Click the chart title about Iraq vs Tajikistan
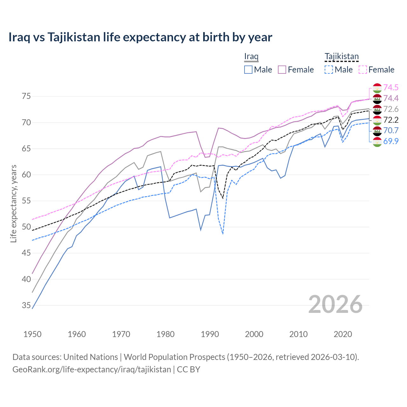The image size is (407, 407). click(x=140, y=37)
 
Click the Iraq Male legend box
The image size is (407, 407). click(x=248, y=70)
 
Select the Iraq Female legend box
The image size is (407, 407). click(x=282, y=70)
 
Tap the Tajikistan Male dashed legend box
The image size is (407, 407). click(x=329, y=70)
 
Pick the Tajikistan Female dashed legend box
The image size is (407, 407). click(x=362, y=70)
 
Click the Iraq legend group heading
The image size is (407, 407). click(x=251, y=57)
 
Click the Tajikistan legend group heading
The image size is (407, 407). click(x=341, y=57)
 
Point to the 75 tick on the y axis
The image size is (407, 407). click(x=26, y=96)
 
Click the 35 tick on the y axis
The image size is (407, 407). click(x=26, y=306)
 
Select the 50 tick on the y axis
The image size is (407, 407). click(x=26, y=227)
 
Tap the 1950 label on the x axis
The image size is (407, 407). click(x=32, y=334)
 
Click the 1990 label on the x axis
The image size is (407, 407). click(x=210, y=334)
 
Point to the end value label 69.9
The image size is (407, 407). click(x=391, y=141)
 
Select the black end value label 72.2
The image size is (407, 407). click(x=391, y=120)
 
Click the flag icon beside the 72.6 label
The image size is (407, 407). click(x=377, y=109)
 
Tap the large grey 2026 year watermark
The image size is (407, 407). click(x=335, y=304)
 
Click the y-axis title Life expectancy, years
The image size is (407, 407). click(x=14, y=203)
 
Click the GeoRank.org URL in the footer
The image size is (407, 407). click(x=92, y=369)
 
